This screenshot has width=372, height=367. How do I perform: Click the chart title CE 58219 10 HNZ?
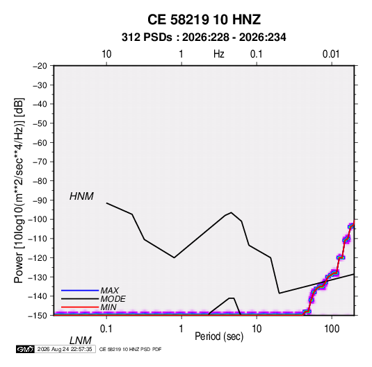(x=204, y=19)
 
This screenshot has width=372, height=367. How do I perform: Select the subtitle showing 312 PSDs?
(x=204, y=37)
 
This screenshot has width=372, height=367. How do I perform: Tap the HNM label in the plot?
(x=81, y=196)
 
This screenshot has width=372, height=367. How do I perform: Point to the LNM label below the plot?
(x=81, y=341)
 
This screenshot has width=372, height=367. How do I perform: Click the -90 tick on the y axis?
(x=40, y=200)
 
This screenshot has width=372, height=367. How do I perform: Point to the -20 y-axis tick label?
(x=40, y=66)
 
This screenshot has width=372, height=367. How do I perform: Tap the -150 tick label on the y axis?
(x=38, y=316)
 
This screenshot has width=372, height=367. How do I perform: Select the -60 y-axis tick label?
(x=40, y=142)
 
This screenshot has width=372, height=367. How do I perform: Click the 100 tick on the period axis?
(x=332, y=329)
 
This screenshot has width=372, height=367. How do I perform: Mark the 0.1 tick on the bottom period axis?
(x=106, y=329)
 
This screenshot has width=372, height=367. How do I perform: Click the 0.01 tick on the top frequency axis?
(x=331, y=54)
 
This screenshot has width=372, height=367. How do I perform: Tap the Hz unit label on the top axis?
(x=219, y=54)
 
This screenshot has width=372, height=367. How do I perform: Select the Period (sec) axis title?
(x=219, y=336)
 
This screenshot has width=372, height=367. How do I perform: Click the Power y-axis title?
(x=19, y=190)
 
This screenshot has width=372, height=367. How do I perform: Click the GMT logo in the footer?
(x=26, y=349)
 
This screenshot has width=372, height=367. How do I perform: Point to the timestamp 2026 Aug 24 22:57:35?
(x=65, y=349)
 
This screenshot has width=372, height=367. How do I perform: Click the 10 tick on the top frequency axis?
(x=106, y=54)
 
